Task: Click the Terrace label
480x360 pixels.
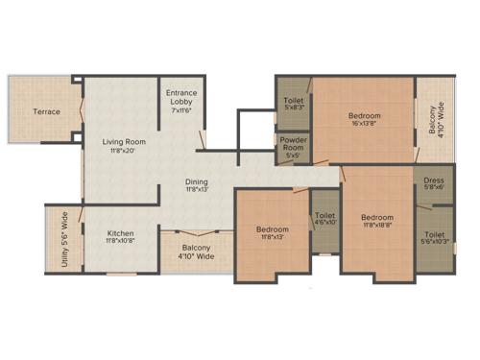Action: tap(46, 111)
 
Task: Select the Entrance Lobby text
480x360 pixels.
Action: tap(182, 96)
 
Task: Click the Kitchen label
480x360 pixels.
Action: tap(120, 233)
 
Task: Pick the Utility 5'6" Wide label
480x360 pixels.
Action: tap(64, 243)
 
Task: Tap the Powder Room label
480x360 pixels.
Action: tap(293, 144)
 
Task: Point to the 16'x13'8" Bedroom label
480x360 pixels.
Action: tap(364, 116)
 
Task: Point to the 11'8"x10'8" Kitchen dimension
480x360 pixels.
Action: tap(120, 241)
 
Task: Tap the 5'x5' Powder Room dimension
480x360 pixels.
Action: tap(293, 156)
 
